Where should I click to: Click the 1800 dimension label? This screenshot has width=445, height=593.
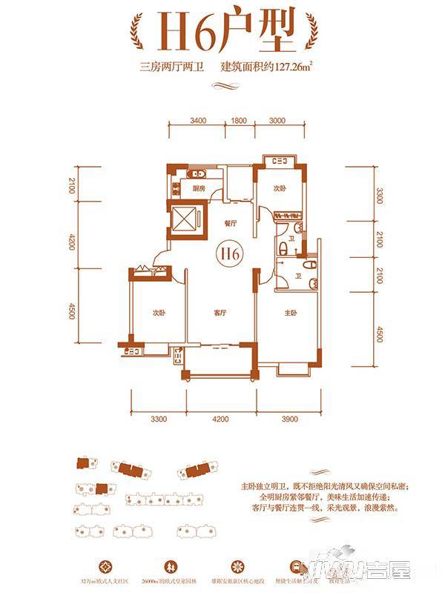(238, 119)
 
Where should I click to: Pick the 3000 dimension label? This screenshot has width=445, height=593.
(277, 119)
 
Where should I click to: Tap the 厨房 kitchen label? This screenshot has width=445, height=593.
(198, 189)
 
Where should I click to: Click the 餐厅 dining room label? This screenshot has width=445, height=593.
(229, 223)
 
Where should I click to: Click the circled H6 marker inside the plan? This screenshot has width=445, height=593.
(231, 253)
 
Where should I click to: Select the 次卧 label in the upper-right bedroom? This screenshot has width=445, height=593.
(278, 188)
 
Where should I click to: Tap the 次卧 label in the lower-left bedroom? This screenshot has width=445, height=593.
(159, 312)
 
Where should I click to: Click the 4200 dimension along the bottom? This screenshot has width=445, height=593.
(218, 420)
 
